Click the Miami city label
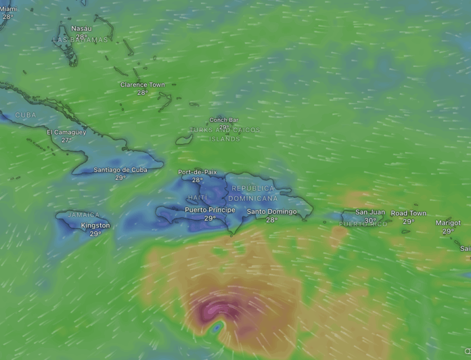pyautogui.click(x=9, y=9)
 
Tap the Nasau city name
pyautogui.click(x=81, y=28)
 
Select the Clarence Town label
pyautogui.click(x=142, y=85)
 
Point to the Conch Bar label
pyautogui.click(x=223, y=120)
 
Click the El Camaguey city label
pyautogui.click(x=66, y=132)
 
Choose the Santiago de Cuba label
pyautogui.click(x=120, y=170)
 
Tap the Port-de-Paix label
pyautogui.click(x=197, y=172)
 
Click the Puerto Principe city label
pyautogui.click(x=210, y=210)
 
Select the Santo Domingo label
pyautogui.click(x=271, y=212)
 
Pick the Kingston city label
pyautogui.click(x=95, y=225)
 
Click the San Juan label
pyautogui.click(x=369, y=212)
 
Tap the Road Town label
pyautogui.click(x=408, y=213)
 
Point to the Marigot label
pyautogui.click(x=448, y=223)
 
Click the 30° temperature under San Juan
pyautogui.click(x=370, y=221)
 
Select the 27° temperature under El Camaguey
pyautogui.click(x=66, y=140)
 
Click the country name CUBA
pyautogui.click(x=26, y=115)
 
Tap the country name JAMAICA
pyautogui.click(x=83, y=215)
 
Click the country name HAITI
pyautogui.click(x=198, y=198)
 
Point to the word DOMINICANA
pyautogui.click(x=252, y=198)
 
